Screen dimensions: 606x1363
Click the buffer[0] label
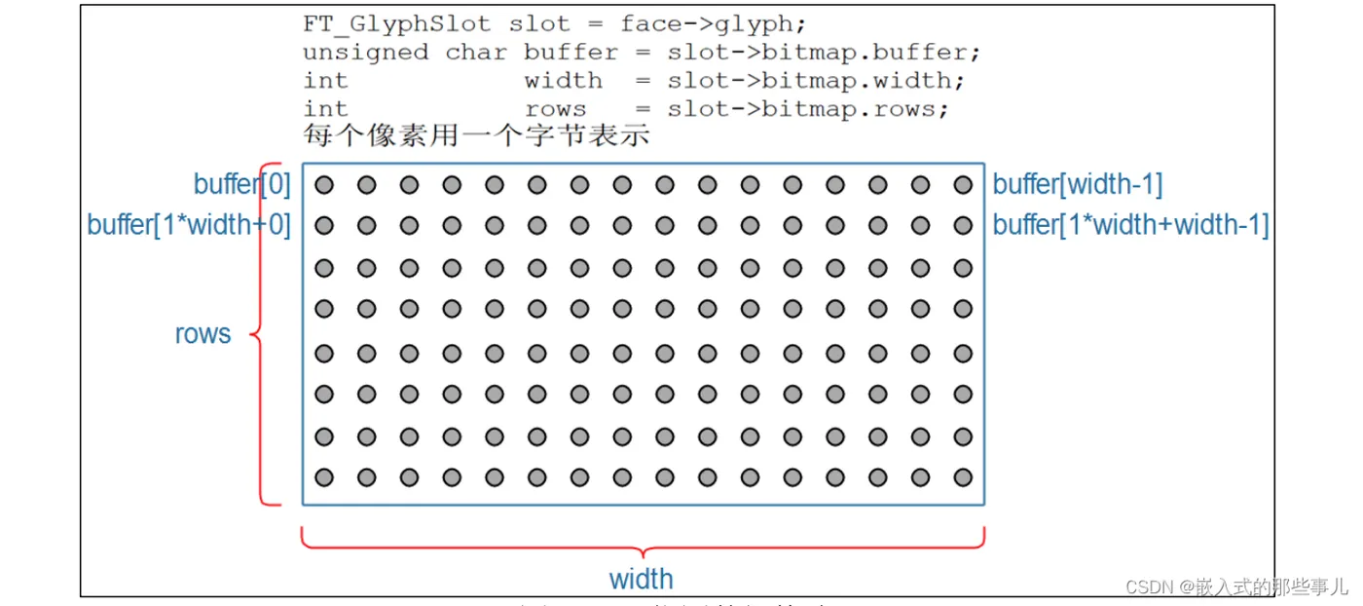242,184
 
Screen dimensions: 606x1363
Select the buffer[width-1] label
1078,184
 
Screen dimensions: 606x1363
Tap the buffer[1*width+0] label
189,225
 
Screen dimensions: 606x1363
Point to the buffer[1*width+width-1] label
1130,225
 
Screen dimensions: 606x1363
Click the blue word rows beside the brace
203,334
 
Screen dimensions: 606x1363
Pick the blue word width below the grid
641,579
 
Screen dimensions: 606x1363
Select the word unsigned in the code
365,52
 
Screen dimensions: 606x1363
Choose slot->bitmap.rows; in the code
807,108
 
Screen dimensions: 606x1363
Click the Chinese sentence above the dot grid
476,135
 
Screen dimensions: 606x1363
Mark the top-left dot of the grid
324,184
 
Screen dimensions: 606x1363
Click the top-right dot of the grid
963,184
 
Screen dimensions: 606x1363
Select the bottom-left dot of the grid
324,477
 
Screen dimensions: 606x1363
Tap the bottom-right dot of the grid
963,477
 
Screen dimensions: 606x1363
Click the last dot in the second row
963,225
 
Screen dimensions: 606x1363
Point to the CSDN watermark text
1235,586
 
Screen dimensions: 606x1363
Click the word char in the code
478,52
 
